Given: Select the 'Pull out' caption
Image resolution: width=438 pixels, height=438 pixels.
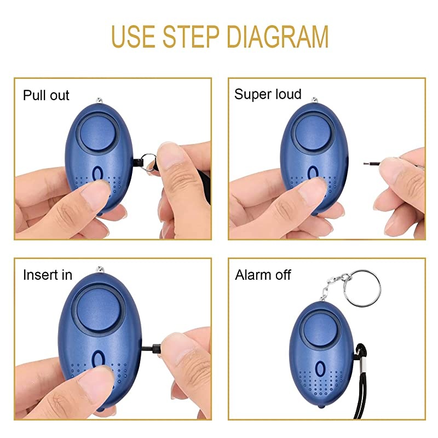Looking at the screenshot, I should coord(46,96).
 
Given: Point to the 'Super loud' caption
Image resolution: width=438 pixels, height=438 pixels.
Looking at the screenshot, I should coord(268,94).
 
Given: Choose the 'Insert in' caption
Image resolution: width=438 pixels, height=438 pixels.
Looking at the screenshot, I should coord(47,275).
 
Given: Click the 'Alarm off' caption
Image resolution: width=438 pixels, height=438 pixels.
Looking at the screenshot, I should coord(263,275).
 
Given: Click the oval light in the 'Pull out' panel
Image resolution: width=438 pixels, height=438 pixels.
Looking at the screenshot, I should coord(99,174).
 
